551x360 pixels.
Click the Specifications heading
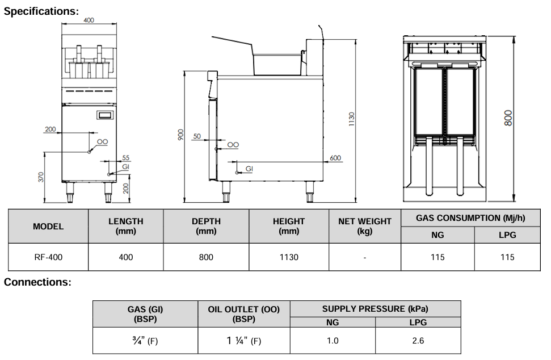[x=41, y=11]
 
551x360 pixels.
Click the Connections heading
[x=37, y=282]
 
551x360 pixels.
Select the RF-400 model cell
[x=48, y=257]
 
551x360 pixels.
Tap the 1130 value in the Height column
[x=289, y=257]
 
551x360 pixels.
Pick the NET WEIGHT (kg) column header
[x=364, y=227]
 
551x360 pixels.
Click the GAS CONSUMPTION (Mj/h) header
[x=470, y=218]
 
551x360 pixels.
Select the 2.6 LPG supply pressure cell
[x=418, y=341]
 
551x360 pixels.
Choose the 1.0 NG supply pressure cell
[x=333, y=341]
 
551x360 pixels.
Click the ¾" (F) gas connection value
[x=145, y=341]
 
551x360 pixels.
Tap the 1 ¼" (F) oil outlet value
[x=243, y=341]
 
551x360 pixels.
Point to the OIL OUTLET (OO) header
[x=243, y=314]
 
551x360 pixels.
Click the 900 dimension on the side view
[x=180, y=135]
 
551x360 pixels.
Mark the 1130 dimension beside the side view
[x=351, y=119]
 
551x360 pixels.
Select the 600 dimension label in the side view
[x=335, y=158]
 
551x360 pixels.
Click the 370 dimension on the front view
[x=41, y=177]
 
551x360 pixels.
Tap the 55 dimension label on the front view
[x=126, y=158]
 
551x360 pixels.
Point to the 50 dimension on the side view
[x=197, y=136]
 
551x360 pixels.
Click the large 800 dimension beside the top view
[x=508, y=118]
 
